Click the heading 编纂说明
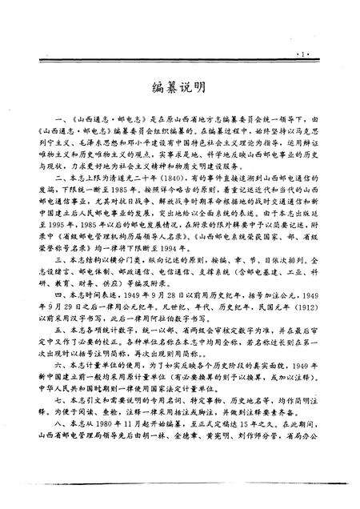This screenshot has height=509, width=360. pyautogui.click(x=180, y=86)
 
